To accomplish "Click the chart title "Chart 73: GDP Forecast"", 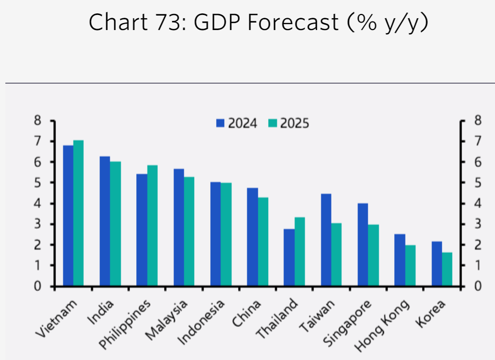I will click(258, 23).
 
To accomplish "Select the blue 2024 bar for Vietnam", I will click(68, 215).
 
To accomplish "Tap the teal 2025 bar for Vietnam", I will click(79, 213).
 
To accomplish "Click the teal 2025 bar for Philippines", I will click(152, 225).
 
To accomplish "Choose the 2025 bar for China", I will click(263, 241).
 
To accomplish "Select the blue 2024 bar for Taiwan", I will click(326, 239).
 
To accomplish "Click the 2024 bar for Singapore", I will click(363, 245).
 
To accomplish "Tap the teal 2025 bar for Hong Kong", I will click(410, 265).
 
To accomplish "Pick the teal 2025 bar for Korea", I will click(447, 269).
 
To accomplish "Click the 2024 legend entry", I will click(237, 123).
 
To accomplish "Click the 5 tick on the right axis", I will click(476, 183).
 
